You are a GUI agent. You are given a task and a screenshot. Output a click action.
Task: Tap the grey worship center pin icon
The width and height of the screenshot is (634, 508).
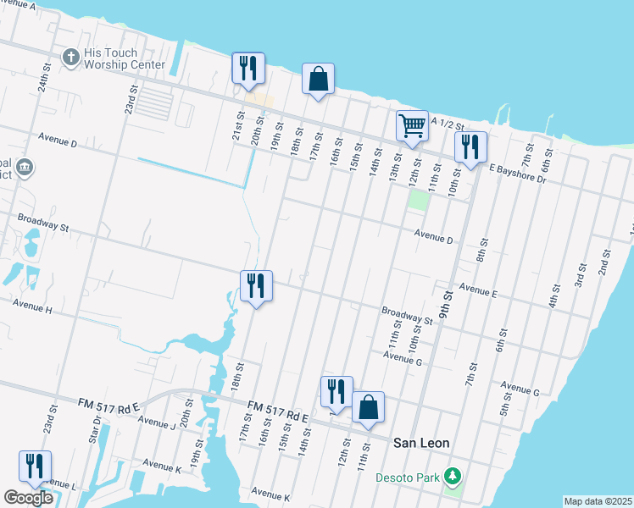(x=71, y=57)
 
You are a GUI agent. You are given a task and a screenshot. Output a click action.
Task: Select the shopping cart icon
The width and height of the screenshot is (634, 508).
(x=412, y=125)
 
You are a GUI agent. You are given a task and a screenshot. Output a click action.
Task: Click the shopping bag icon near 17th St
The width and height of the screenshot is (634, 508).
(x=318, y=80)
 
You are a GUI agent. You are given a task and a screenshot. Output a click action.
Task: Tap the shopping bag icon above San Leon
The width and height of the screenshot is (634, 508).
(x=368, y=407)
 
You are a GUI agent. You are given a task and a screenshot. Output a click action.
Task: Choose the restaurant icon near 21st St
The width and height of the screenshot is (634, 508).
(x=248, y=68)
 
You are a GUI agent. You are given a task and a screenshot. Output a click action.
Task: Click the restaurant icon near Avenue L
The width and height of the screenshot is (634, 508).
(x=35, y=466)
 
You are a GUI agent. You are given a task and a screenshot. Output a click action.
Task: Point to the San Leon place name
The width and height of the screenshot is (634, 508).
(x=421, y=443)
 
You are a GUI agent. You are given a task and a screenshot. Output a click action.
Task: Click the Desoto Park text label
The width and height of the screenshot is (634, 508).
(x=407, y=477)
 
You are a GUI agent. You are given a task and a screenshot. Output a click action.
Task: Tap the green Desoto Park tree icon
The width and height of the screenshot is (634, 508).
(x=453, y=477)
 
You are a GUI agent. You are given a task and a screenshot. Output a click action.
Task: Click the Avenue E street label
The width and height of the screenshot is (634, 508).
(x=477, y=290)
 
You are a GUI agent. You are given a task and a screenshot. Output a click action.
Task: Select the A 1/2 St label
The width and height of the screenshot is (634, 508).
(x=448, y=124)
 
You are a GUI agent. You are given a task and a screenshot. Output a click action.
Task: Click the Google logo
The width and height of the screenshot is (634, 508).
(x=28, y=498)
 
